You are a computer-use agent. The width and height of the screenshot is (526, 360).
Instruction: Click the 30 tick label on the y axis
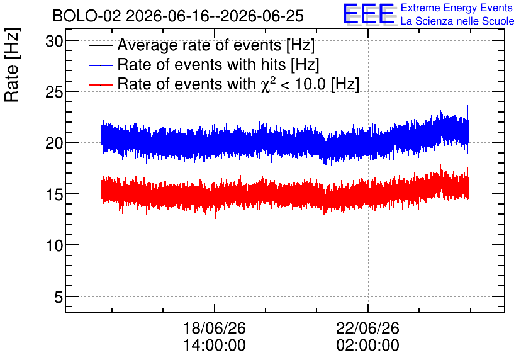point(54,42)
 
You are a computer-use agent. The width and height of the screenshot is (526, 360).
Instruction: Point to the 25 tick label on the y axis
point(54,93)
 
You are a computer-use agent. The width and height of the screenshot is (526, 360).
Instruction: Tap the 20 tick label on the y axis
point(54,143)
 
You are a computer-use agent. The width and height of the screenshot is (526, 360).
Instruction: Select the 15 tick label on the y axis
point(54,195)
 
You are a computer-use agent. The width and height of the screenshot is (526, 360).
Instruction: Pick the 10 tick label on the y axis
point(54,246)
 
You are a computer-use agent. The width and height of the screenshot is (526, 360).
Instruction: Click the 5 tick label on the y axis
point(59,297)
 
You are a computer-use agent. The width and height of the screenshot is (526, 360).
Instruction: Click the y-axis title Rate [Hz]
point(12,65)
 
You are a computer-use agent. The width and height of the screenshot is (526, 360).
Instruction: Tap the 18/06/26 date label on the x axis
point(215,328)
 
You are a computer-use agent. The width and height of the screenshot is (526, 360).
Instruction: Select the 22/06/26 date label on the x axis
point(367,328)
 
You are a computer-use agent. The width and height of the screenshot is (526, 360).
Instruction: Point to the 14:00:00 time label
point(215,346)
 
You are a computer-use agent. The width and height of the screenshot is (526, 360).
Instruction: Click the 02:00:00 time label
point(367,346)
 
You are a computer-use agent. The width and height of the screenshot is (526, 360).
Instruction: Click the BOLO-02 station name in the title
point(87,16)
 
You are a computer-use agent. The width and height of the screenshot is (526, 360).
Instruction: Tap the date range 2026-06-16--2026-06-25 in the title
point(215,16)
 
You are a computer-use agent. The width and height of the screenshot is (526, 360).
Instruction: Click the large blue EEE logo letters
point(369,14)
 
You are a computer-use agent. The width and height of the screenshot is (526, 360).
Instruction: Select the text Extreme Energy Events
point(457,8)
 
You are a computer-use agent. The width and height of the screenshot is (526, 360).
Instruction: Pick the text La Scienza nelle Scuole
point(457,21)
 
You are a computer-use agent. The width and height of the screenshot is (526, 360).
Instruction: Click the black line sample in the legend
point(100,45)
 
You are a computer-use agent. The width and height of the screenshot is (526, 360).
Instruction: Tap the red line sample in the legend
point(100,84)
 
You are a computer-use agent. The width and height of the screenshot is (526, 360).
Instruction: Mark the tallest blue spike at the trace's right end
point(467,106)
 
